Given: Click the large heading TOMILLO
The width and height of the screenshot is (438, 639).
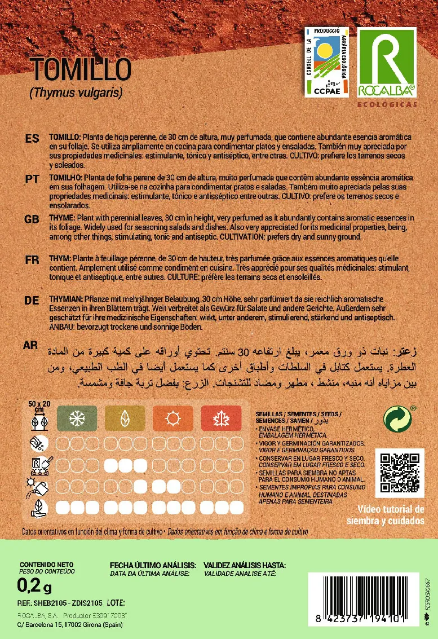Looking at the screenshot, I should pyautogui.click(x=81, y=69).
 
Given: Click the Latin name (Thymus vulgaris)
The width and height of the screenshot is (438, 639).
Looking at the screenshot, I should pyautogui.click(x=76, y=92).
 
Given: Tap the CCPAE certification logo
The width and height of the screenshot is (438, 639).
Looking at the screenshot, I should pyautogui.click(x=326, y=61).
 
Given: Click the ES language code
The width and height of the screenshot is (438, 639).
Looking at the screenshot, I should pyautogui.click(x=32, y=138).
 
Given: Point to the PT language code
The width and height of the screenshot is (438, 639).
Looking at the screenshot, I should pyautogui.click(x=32, y=178).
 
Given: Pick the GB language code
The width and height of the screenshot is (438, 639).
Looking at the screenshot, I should pyautogui.click(x=32, y=219).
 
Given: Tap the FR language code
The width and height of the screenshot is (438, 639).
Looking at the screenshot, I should pyautogui.click(x=32, y=259).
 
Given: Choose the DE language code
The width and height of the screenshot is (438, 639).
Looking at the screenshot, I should pyautogui.click(x=32, y=301).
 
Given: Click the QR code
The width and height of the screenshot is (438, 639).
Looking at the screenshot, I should pyautogui.click(x=399, y=471).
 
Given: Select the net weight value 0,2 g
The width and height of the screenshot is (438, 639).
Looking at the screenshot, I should pyautogui.click(x=34, y=587).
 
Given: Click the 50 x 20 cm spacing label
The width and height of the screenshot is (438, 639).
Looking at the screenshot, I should pyautogui.click(x=39, y=407).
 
